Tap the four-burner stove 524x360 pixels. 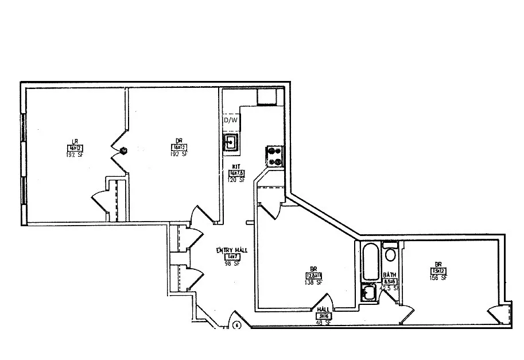point(274,156)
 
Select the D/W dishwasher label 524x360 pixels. point(231,121)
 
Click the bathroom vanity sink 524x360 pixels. point(367,293)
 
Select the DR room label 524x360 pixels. point(178,141)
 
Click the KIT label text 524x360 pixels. point(235,166)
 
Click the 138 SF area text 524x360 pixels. point(314,283)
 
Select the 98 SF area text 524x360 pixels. point(231,264)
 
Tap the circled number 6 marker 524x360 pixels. point(236,325)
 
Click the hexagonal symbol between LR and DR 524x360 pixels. point(123,151)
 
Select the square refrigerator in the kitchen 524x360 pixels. point(267,96)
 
